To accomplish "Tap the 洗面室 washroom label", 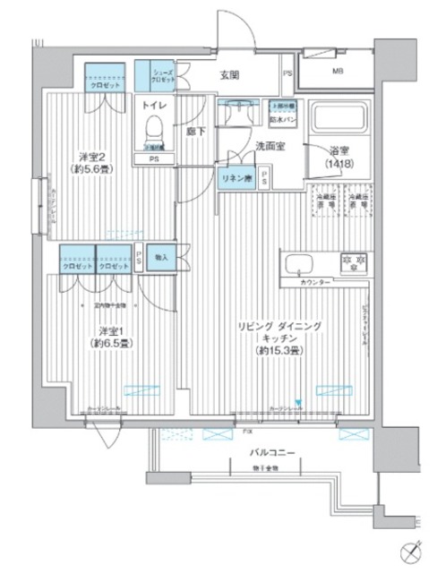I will pyautogui.click(x=270, y=145).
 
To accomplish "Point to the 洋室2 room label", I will pyautogui.click(x=85, y=162).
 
